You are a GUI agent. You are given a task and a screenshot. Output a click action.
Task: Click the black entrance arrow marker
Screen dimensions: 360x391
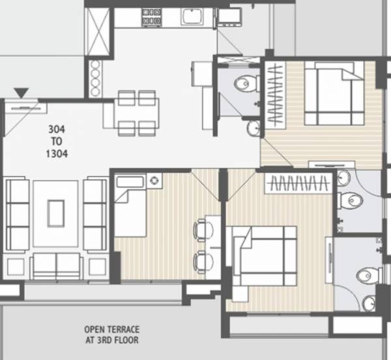point(24,93)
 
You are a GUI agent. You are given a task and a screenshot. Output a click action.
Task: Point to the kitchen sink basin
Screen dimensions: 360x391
point(193,18)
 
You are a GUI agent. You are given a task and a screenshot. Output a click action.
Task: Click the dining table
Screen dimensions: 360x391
point(138,112)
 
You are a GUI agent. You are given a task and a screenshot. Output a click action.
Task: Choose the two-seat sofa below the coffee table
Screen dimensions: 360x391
point(57,263)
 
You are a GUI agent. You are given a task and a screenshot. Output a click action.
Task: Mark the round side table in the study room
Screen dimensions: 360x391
point(154,179)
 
